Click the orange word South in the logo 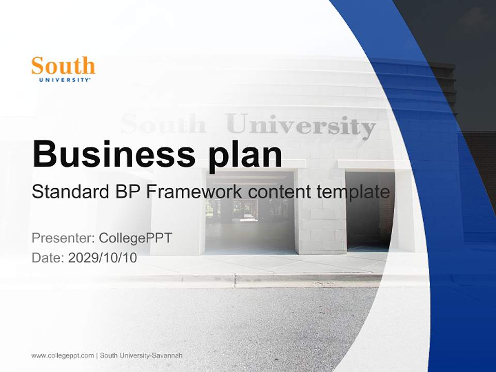click(63, 66)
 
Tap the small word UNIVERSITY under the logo click(65, 80)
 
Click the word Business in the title click(109, 153)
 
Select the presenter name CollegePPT click(135, 238)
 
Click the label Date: click(48, 257)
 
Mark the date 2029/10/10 click(103, 257)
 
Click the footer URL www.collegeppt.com click(63, 355)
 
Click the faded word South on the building click(163, 124)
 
